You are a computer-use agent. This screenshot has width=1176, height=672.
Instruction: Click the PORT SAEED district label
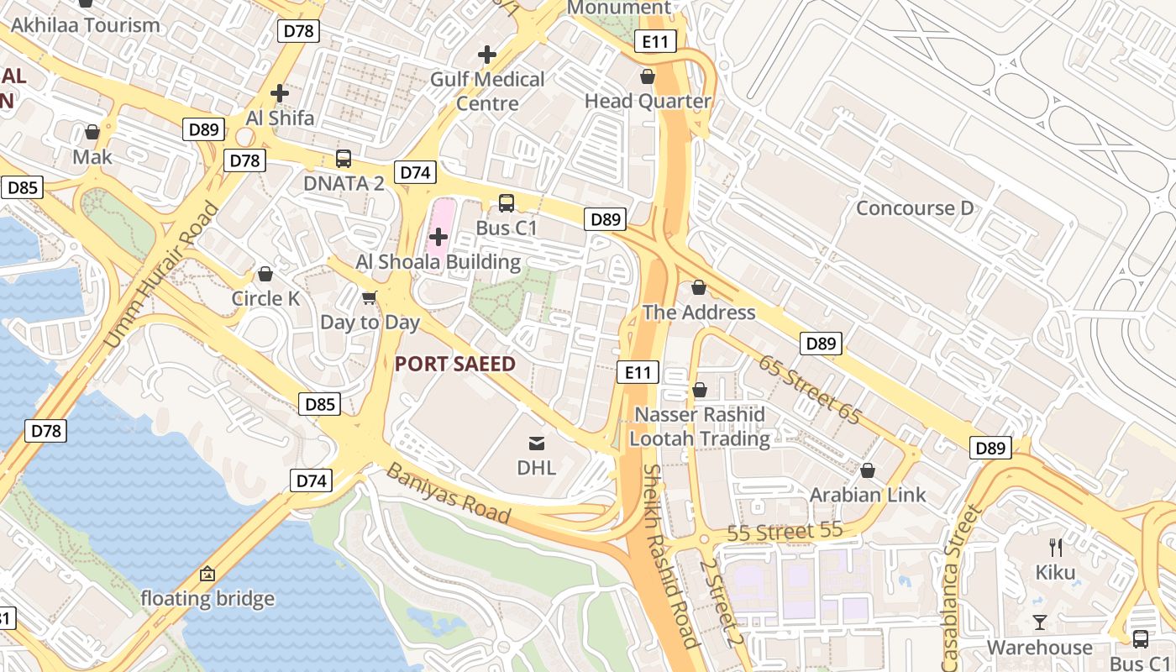click(x=454, y=364)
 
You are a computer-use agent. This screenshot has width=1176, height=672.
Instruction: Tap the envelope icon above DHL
click(x=537, y=443)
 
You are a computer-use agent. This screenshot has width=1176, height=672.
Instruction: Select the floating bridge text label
click(x=207, y=599)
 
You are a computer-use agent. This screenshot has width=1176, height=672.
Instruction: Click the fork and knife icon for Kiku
click(x=1056, y=548)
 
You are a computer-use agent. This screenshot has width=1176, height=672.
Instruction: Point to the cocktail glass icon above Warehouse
click(x=1040, y=622)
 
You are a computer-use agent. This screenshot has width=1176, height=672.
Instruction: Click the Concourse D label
click(x=914, y=208)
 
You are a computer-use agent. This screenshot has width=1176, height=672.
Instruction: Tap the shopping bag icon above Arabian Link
click(x=868, y=470)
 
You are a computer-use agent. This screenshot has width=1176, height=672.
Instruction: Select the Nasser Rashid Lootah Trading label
click(x=700, y=427)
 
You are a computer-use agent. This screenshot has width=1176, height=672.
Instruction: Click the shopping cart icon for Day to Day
click(x=370, y=297)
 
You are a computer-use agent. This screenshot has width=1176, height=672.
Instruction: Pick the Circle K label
click(x=265, y=298)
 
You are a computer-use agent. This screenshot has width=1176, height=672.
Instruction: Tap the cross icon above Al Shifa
click(x=280, y=93)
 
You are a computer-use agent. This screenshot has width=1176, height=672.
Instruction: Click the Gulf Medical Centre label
click(x=487, y=92)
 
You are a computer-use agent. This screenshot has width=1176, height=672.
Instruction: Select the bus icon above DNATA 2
click(x=343, y=158)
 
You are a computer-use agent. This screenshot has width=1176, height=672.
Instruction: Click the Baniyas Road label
click(x=448, y=492)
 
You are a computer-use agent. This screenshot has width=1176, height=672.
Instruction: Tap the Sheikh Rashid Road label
click(x=669, y=556)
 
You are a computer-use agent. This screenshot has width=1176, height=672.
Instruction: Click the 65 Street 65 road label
click(x=810, y=389)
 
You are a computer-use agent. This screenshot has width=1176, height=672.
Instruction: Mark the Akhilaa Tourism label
click(x=85, y=25)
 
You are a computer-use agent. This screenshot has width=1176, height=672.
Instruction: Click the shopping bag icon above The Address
click(x=698, y=288)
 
